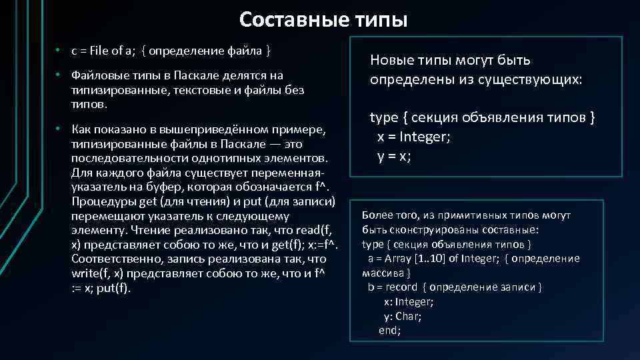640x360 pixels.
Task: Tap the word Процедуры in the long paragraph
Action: point(99,201)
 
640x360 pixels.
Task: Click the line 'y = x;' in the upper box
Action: point(394,156)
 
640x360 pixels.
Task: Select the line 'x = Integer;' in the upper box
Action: point(413,137)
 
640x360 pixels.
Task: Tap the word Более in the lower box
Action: point(377,215)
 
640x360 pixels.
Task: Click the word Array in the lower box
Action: point(397,259)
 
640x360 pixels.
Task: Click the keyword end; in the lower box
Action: point(389,331)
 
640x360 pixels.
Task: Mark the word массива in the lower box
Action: point(385,273)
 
